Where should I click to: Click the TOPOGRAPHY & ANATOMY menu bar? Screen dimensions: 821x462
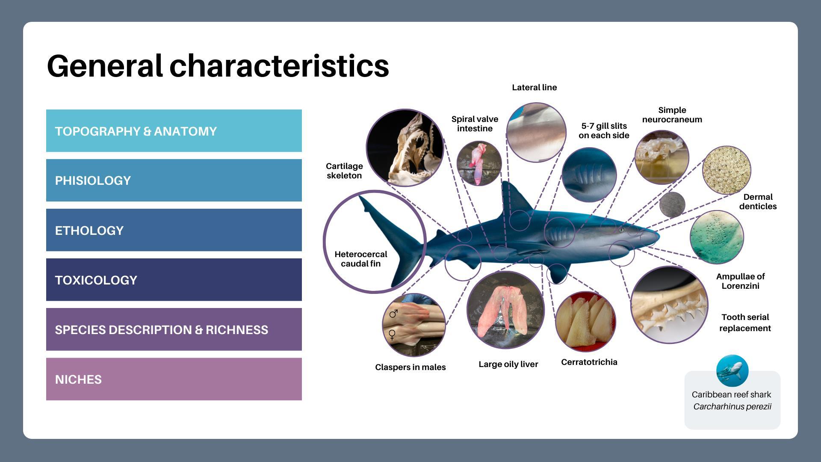point(174,131)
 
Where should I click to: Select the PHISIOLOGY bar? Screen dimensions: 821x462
point(174,180)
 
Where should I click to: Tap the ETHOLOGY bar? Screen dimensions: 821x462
point(174,230)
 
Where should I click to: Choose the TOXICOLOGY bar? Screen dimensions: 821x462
point(174,280)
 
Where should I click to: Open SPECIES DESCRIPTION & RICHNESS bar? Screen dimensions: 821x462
point(174,329)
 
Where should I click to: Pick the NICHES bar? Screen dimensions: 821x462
point(174,379)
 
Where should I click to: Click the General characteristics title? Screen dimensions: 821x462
point(218,66)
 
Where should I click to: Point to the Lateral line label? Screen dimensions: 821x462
point(534,88)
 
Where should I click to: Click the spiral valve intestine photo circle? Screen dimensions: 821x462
point(478,163)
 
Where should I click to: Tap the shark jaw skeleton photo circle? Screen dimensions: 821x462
point(405,148)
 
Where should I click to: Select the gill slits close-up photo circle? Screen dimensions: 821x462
point(589,175)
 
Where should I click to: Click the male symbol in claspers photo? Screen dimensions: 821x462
point(393,314)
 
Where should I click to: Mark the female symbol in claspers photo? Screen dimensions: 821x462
point(392,335)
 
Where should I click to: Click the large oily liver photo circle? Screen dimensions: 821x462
point(505,310)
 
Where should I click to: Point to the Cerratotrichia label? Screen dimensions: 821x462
point(589,362)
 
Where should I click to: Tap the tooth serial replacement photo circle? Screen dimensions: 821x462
point(669,305)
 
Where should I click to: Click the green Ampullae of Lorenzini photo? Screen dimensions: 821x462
point(716,237)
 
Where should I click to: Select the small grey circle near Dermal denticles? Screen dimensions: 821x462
point(672,204)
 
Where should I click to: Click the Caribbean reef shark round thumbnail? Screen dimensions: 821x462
point(732,371)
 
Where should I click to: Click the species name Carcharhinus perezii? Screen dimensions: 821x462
point(732,406)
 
